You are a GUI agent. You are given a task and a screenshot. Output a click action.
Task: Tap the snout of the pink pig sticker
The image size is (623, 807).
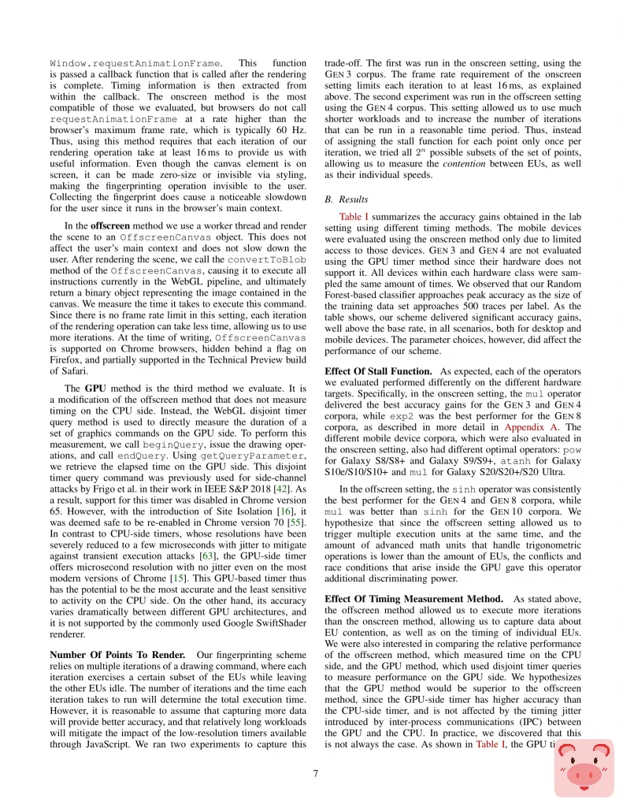[583, 775]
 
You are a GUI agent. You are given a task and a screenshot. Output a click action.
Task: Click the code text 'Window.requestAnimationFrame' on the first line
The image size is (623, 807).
[135, 62]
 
